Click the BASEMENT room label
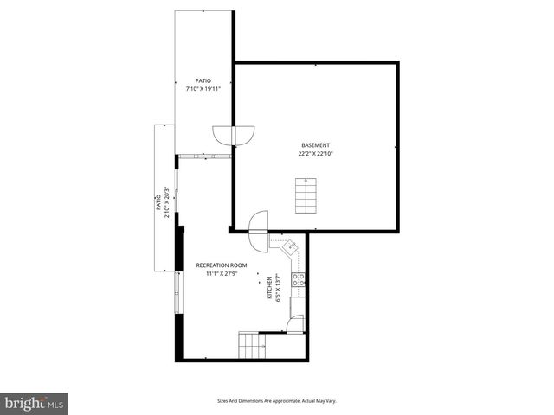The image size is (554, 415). (315, 144)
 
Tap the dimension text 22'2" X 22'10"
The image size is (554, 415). (315, 153)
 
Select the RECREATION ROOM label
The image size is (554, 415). (222, 265)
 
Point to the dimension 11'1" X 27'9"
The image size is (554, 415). (222, 274)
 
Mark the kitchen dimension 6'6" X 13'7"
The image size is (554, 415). (278, 289)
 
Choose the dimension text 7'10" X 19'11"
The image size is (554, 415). (203, 89)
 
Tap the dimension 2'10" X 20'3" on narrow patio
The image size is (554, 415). (167, 205)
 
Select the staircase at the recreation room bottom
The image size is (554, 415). (252, 346)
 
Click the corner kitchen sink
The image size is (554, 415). (291, 247)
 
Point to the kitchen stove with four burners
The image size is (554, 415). (297, 279)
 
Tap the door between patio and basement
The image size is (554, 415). (234, 137)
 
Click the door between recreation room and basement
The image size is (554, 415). (258, 224)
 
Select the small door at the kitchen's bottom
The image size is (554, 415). (295, 325)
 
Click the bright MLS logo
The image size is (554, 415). (34, 403)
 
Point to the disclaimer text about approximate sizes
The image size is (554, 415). (276, 401)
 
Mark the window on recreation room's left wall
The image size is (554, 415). (179, 293)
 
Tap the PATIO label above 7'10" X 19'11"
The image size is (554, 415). (203, 80)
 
